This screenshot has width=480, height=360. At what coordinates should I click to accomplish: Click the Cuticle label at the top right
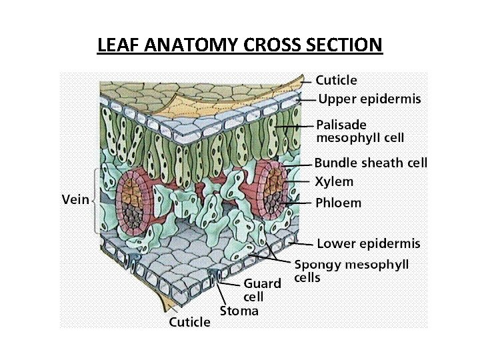pos(336,81)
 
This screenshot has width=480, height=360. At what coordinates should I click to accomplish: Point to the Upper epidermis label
pos(369,99)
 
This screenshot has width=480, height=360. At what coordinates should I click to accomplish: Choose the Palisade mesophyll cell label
pos(359,131)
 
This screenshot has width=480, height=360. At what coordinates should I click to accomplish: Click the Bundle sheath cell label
pos(371,163)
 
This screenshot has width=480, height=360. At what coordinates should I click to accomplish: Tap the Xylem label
pos(334,181)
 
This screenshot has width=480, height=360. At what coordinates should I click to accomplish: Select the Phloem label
pos(338,203)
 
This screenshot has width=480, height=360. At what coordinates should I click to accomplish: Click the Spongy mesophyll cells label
pos(351,271)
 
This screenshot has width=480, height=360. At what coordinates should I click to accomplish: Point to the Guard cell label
pos(261,289)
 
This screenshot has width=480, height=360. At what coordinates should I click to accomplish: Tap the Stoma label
pos(239,311)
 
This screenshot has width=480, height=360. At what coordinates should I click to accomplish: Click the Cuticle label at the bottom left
pos(190,323)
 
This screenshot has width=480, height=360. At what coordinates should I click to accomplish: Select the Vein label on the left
pos(75,200)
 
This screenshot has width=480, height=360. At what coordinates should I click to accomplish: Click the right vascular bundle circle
pos(270,189)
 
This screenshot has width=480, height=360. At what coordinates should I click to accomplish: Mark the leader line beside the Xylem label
pos(300,181)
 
